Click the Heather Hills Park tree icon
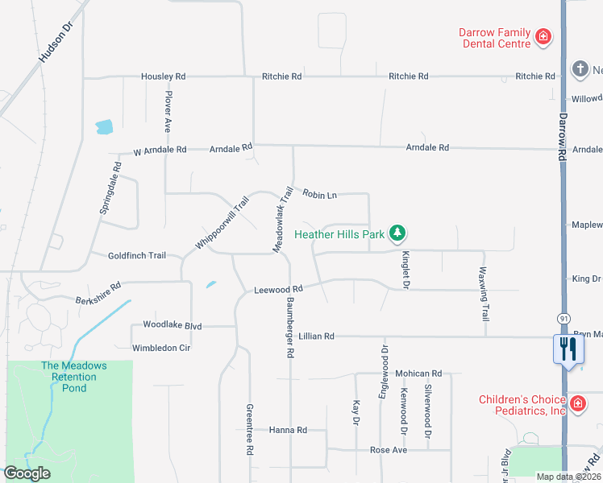[x=397, y=234]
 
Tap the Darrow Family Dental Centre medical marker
[x=543, y=37]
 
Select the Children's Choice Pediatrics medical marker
[x=577, y=403]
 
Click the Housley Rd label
[x=163, y=76]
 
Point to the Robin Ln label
[x=319, y=194]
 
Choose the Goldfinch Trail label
[x=137, y=256]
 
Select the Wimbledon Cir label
[x=161, y=349]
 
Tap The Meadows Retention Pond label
[x=73, y=377]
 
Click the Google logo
[x=27, y=473]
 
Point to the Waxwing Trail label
[x=484, y=295]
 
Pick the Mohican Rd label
[x=419, y=374]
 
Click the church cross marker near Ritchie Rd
[x=580, y=69]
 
